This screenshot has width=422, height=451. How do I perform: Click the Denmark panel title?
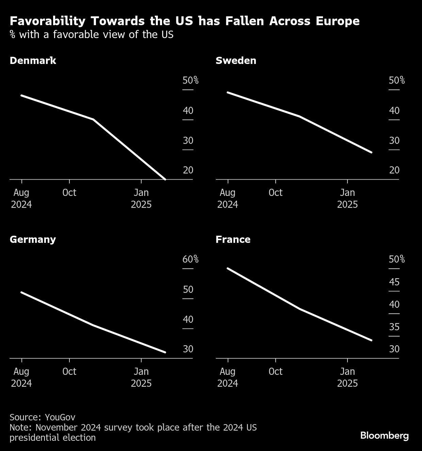(33, 61)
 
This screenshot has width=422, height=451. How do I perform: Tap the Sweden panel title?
(236, 61)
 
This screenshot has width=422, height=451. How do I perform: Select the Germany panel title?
(33, 239)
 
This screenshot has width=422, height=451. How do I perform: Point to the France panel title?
(233, 239)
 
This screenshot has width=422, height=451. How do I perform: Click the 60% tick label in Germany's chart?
(190, 259)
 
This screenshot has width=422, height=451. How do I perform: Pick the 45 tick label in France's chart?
(394, 282)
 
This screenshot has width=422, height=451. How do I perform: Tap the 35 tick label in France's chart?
(394, 327)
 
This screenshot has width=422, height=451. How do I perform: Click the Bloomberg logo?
(384, 435)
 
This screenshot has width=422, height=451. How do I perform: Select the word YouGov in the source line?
(60, 417)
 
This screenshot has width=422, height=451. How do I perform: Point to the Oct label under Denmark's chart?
(69, 193)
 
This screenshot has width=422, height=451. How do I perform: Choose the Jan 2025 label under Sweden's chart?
(347, 198)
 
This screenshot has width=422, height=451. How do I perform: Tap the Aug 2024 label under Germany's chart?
(21, 377)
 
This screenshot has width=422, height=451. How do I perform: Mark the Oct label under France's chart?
(276, 371)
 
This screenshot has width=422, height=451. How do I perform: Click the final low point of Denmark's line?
(165, 179)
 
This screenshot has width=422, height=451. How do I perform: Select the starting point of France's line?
(228, 268)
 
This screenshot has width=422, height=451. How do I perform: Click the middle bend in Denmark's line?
(93, 119)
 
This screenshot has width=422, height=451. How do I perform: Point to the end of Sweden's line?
(371, 152)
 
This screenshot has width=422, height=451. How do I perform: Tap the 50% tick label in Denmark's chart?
(190, 80)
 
